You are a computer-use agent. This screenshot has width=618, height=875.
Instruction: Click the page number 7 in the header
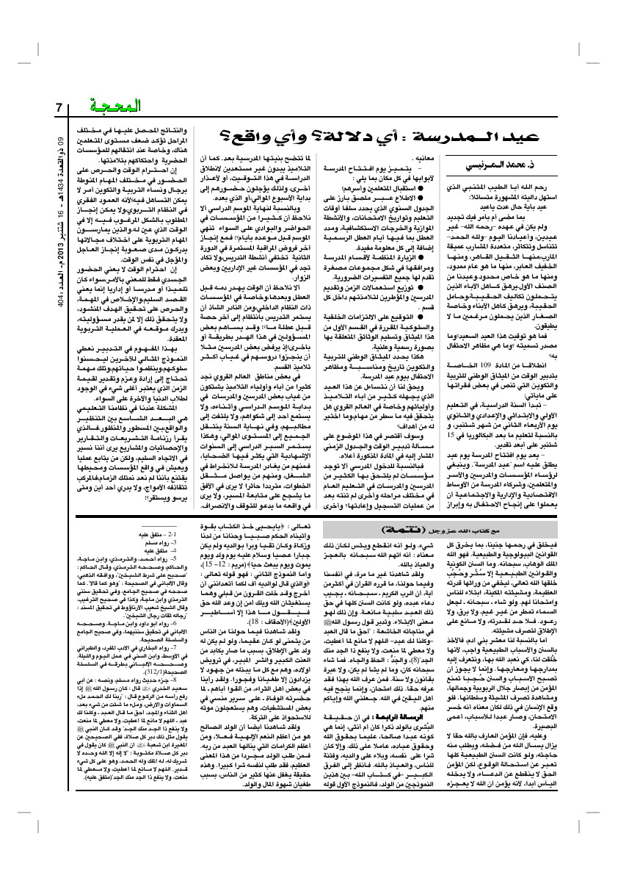(x=58, y=107)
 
